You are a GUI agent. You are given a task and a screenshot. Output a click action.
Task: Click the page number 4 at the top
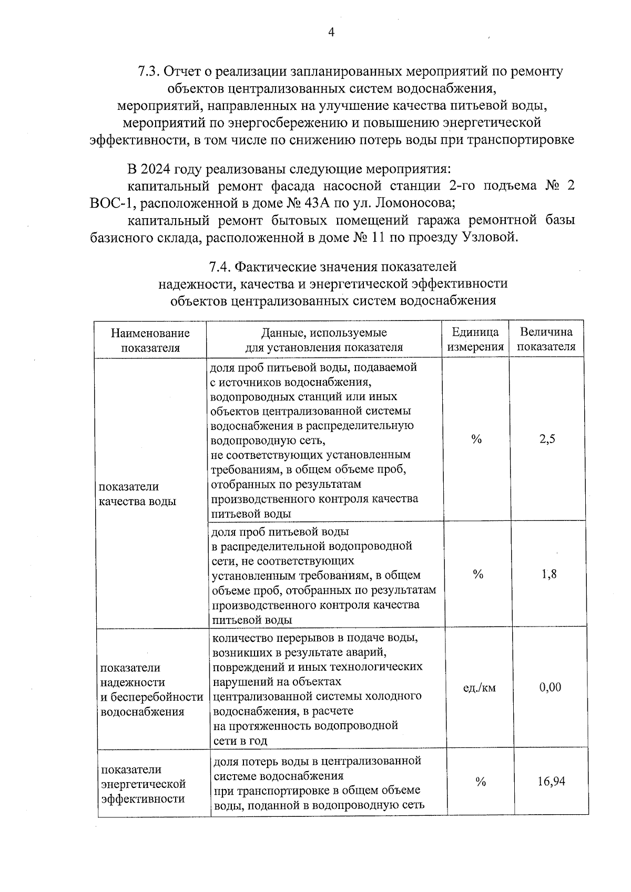pyautogui.click(x=331, y=33)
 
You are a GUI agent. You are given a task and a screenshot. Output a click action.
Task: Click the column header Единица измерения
pyautogui.click(x=475, y=339)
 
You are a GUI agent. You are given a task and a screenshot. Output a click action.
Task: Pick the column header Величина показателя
pyautogui.click(x=546, y=339)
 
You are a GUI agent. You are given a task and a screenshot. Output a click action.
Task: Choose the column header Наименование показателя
pyautogui.click(x=150, y=340)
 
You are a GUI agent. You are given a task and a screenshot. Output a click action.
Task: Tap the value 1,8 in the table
pyautogui.click(x=549, y=574)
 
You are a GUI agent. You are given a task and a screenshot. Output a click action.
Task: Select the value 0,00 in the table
pyautogui.click(x=550, y=687)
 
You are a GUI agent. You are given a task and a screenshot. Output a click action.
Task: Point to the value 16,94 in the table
pyautogui.click(x=551, y=782)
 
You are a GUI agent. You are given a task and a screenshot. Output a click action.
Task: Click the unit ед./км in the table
pyautogui.click(x=479, y=688)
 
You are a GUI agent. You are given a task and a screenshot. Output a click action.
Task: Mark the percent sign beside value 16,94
pyautogui.click(x=481, y=782)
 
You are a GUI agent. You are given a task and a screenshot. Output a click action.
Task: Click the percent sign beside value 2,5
pyautogui.click(x=476, y=439)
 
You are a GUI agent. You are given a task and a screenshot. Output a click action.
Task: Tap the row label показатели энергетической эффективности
pyautogui.click(x=144, y=784)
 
